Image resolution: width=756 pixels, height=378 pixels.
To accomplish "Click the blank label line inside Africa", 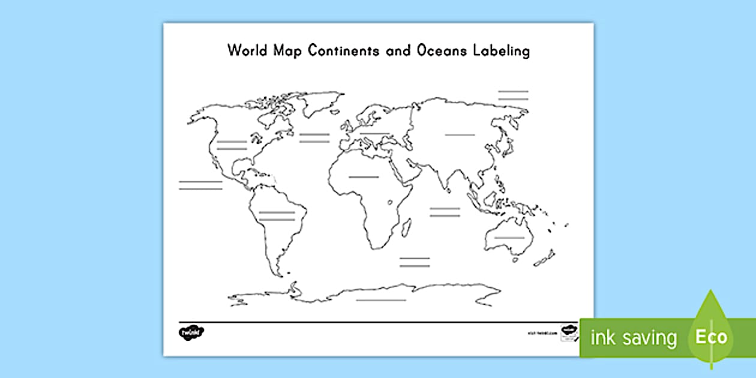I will tap(364, 177).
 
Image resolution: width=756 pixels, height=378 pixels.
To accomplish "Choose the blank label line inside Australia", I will tap(509, 238).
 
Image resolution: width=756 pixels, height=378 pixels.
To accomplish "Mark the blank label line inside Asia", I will tap(460, 135).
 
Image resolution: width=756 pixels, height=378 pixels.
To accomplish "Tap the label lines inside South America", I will tap(277, 216).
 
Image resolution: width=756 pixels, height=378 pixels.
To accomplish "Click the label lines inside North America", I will tap(232, 145).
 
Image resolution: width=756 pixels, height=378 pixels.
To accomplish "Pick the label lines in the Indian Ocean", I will tap(445, 212).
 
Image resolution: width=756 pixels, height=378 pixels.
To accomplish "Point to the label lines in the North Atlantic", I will tap(314, 138).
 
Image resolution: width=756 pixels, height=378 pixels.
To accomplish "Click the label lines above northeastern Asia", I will tap(513, 95).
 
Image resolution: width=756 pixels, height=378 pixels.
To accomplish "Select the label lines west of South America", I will tap(200, 185).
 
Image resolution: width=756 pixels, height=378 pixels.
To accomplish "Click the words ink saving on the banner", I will tap(634, 338).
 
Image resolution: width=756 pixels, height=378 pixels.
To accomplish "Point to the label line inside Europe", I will tap(374, 133).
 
